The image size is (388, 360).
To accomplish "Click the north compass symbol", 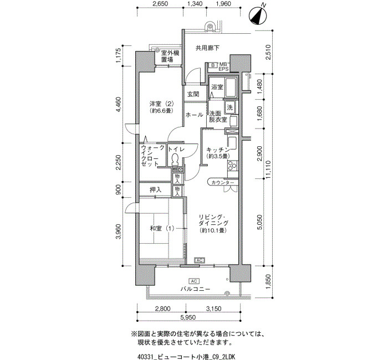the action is [258, 16].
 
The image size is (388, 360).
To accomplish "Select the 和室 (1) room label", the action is [162, 228].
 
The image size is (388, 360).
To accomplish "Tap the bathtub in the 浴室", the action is [231, 88].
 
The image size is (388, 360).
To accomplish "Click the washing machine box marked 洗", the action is [230, 107].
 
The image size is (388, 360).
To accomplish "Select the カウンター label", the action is [222, 183].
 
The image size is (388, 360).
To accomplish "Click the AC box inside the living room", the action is [200, 260].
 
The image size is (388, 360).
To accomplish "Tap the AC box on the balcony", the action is [194, 281].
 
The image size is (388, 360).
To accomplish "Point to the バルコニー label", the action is [195, 289].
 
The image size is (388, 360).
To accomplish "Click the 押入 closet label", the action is [155, 189].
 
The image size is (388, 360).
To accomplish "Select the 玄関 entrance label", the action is [193, 94].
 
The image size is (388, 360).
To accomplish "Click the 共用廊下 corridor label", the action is [207, 48].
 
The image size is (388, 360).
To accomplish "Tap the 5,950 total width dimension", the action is [188, 317].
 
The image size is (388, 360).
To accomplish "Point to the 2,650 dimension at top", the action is [160, 4].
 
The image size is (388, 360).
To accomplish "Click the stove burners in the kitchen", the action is [233, 166].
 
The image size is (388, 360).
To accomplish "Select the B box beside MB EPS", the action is [213, 65].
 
